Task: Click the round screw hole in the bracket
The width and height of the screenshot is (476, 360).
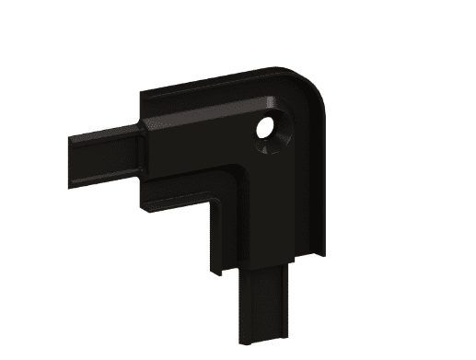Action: [271, 132]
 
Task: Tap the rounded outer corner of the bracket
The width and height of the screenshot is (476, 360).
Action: [314, 85]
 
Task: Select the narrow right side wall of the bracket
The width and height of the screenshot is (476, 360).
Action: [319, 175]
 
